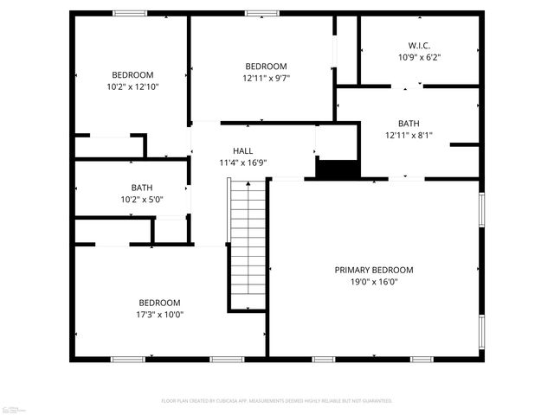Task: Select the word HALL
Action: point(242,150)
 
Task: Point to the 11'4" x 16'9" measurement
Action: point(242,162)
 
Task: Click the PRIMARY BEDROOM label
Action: point(374,270)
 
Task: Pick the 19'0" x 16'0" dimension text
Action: point(374,281)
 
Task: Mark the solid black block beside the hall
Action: point(337,169)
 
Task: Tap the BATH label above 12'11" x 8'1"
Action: point(409,123)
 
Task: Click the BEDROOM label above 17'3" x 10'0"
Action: point(160,303)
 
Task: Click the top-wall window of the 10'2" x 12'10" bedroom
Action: point(130,13)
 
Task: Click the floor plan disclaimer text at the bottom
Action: point(277,401)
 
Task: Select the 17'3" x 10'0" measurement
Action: point(160,314)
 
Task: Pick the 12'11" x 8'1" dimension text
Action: point(409,134)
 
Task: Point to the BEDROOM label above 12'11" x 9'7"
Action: point(266,67)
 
